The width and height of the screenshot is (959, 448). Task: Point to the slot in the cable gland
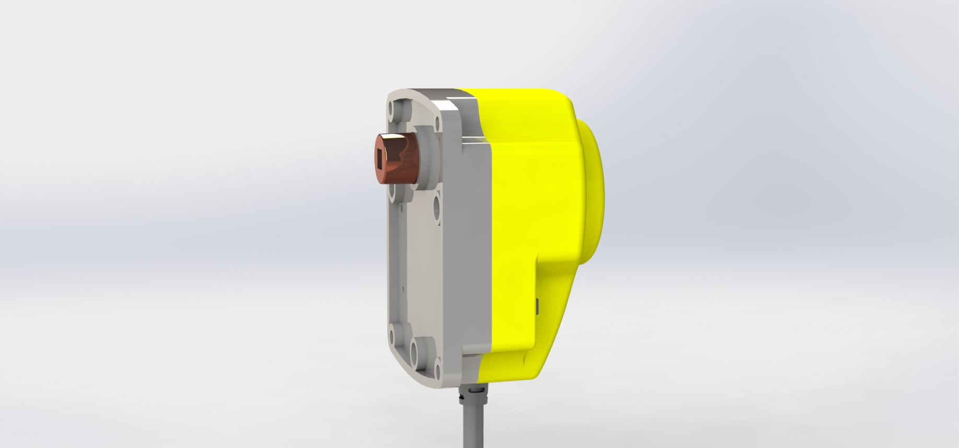coord(476,391)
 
